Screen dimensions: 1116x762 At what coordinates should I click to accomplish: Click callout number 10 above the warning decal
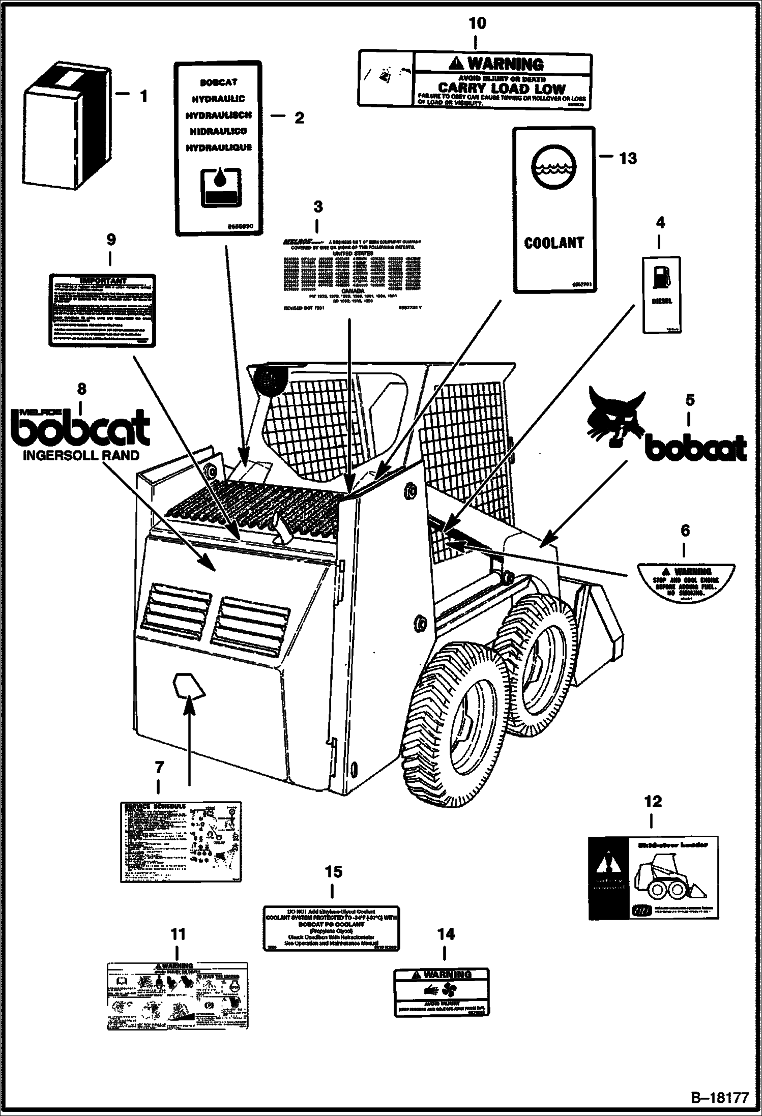[477, 23]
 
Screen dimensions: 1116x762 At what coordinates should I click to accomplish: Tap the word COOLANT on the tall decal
[554, 243]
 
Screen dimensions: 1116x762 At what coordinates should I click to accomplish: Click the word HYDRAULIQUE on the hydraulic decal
[218, 148]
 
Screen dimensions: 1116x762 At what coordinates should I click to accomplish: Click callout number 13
[628, 159]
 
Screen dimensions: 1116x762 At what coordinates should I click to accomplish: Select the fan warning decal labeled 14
[442, 992]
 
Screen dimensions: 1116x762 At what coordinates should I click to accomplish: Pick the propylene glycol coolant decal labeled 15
[331, 928]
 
